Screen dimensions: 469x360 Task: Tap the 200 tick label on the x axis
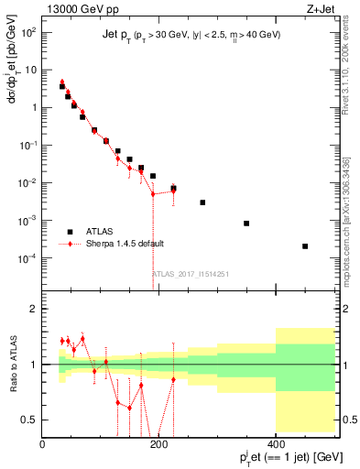pyautogui.click(x=158, y=443)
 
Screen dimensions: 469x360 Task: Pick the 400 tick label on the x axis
pyautogui.click(x=275, y=443)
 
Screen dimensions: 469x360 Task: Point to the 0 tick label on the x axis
pyautogui.click(x=42, y=443)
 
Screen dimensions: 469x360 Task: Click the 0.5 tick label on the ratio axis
pyautogui.click(x=28, y=420)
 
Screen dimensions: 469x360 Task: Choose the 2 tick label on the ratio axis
pyautogui.click(x=33, y=309)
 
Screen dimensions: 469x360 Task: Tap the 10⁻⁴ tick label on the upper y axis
pyautogui.click(x=27, y=258)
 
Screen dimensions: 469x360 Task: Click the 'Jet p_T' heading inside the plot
pyautogui.click(x=118, y=34)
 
